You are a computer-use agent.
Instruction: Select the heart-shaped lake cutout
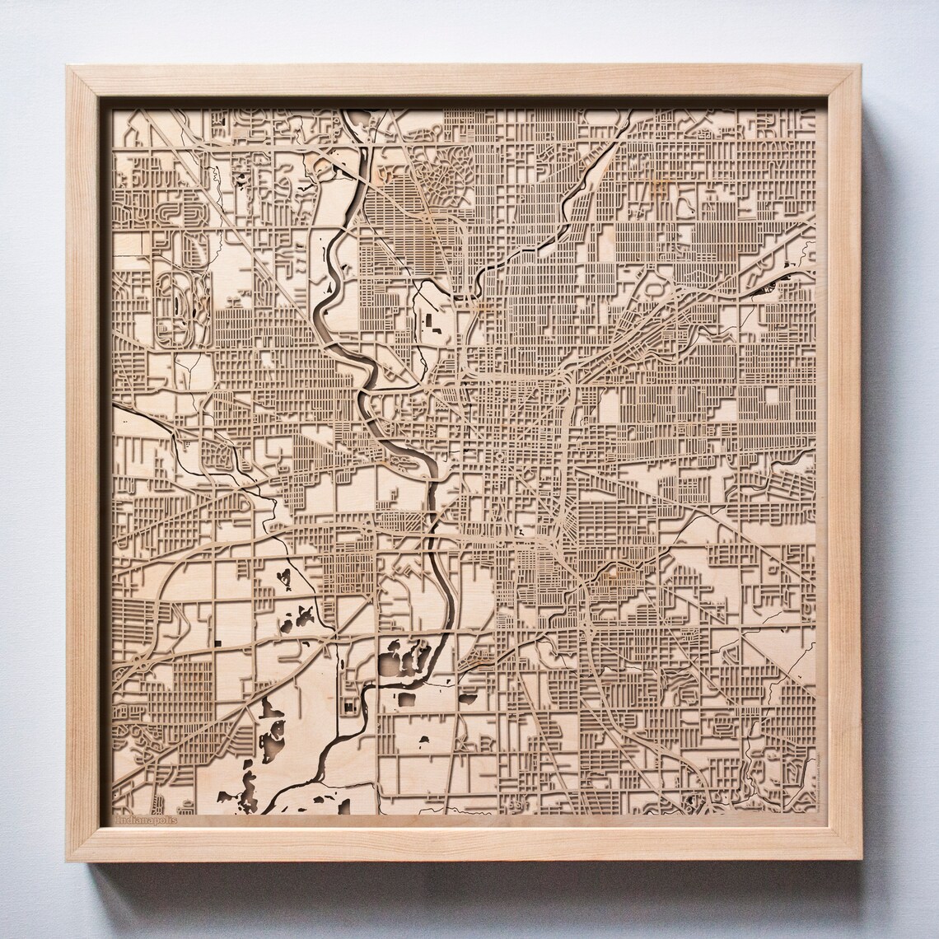[285, 577]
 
